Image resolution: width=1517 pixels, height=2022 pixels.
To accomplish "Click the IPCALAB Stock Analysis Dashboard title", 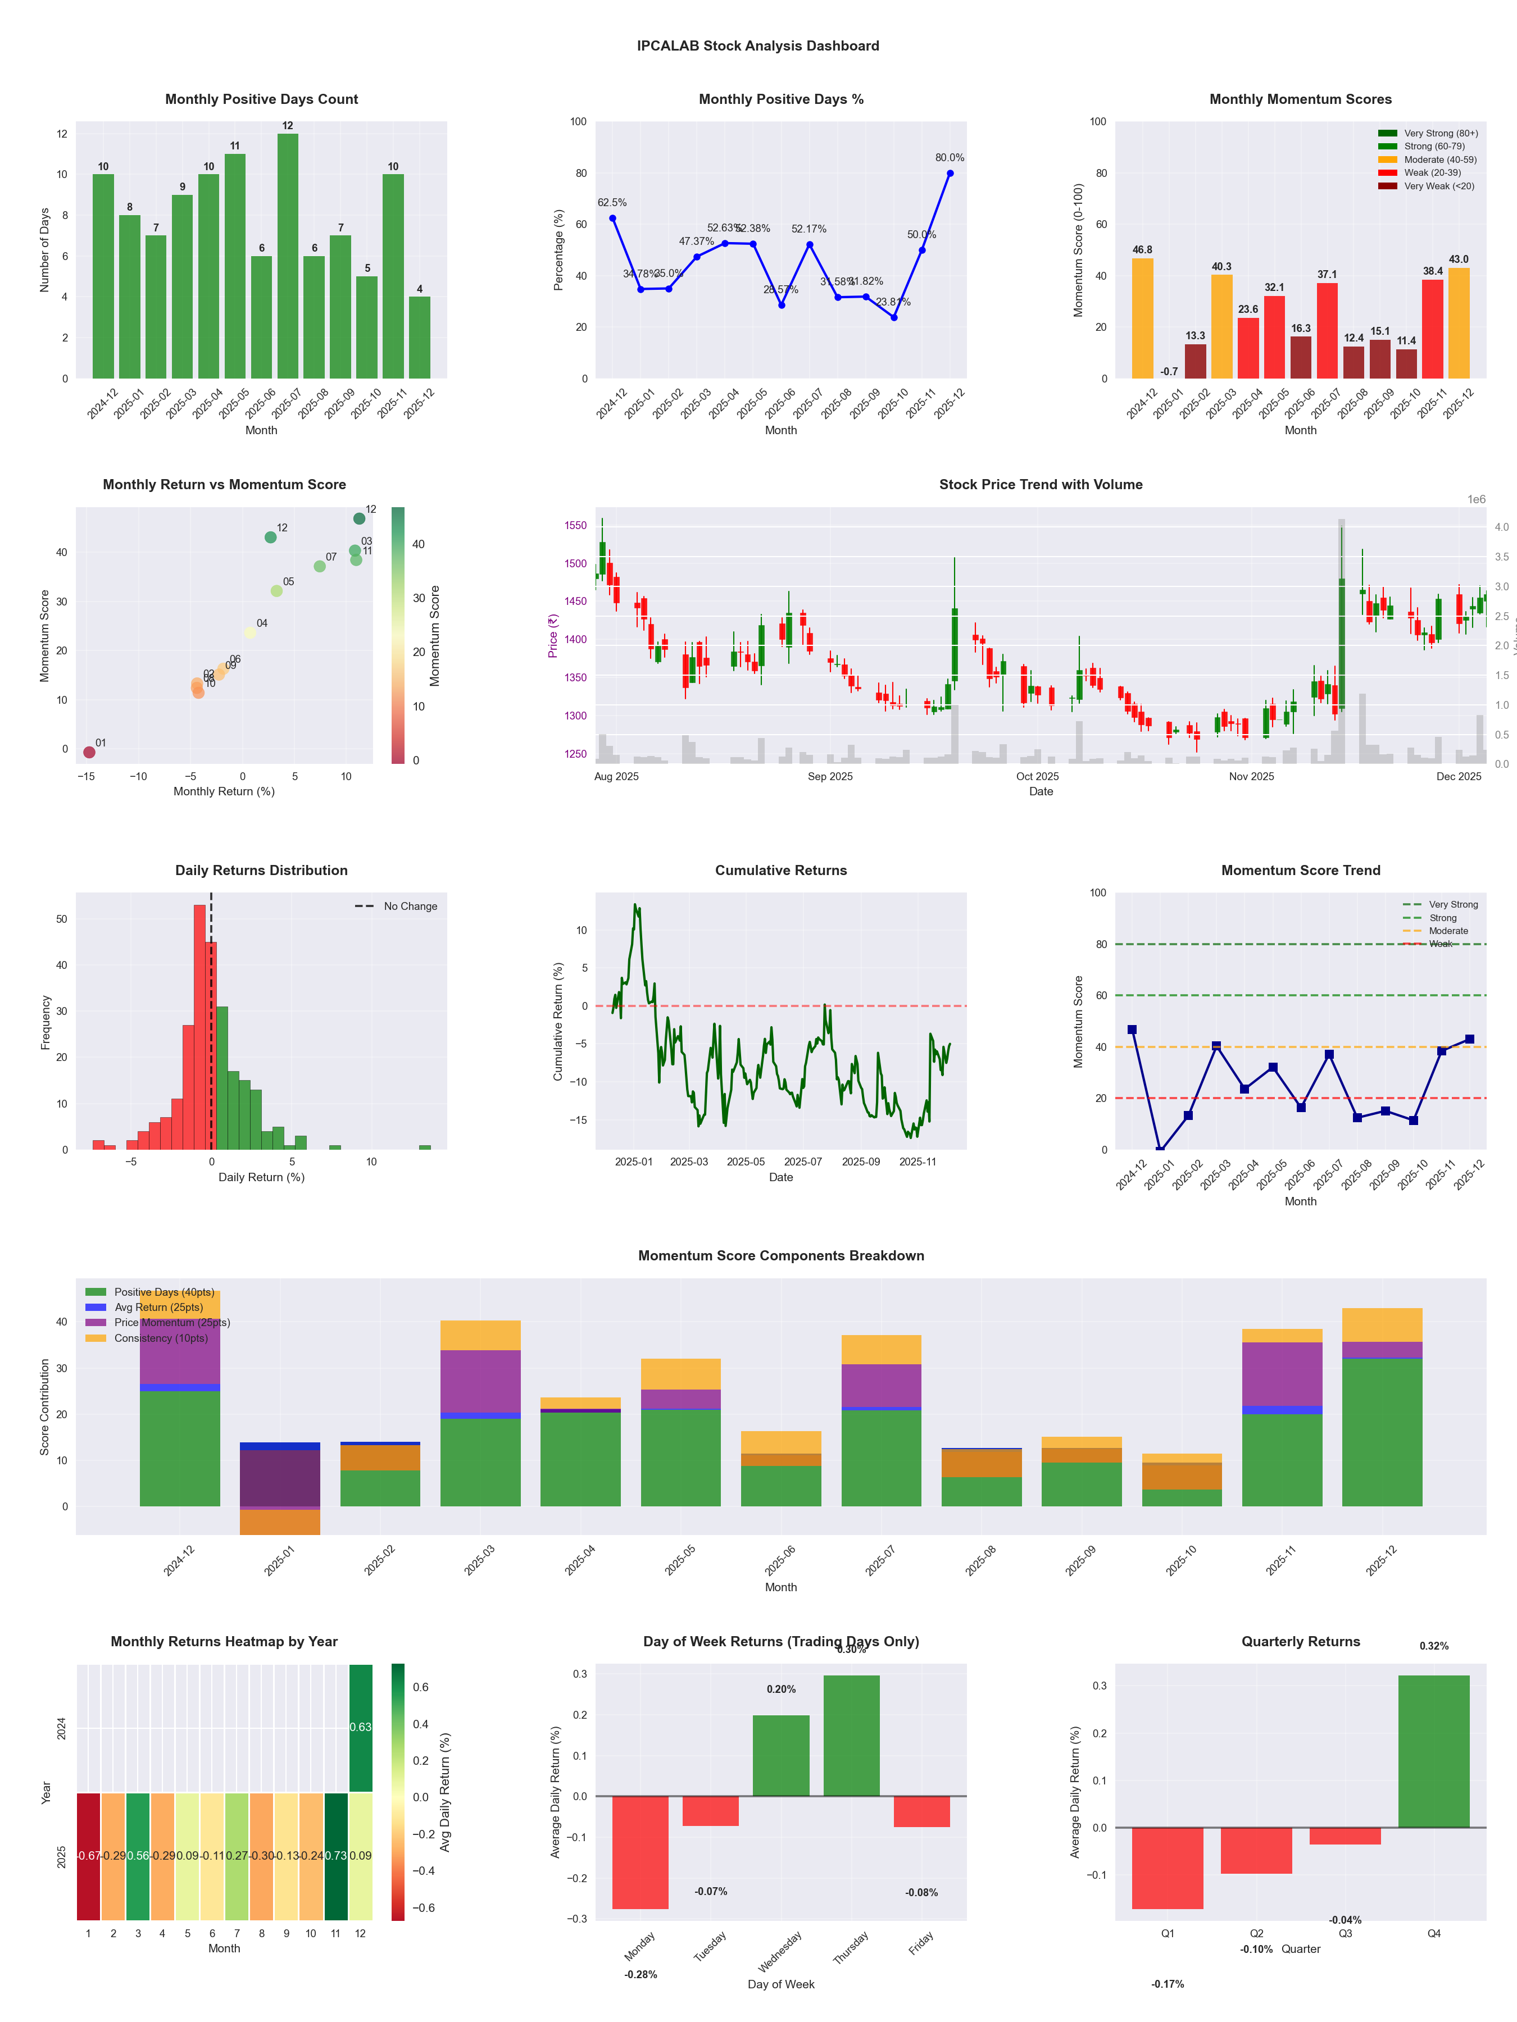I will [758, 45].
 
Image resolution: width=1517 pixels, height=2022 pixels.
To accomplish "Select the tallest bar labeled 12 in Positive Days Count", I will [287, 256].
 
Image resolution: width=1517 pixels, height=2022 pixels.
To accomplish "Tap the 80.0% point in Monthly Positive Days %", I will [950, 174].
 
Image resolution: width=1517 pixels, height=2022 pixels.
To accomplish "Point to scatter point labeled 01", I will [89, 752].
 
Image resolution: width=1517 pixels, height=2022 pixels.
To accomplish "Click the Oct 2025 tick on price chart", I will [1037, 777].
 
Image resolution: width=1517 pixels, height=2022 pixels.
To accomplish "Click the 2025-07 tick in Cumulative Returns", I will [803, 1162].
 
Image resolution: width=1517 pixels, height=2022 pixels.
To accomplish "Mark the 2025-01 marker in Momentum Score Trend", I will [1160, 1150].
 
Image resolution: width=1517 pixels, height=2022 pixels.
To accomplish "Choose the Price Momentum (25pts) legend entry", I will [171, 1323].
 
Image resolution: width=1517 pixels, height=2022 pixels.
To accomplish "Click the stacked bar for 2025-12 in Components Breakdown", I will [1382, 1408].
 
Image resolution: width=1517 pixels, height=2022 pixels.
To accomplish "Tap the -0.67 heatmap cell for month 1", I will [88, 1856].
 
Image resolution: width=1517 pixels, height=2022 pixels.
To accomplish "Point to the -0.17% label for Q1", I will [1167, 1984].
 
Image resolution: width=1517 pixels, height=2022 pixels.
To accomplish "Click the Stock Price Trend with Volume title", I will [1041, 485].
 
